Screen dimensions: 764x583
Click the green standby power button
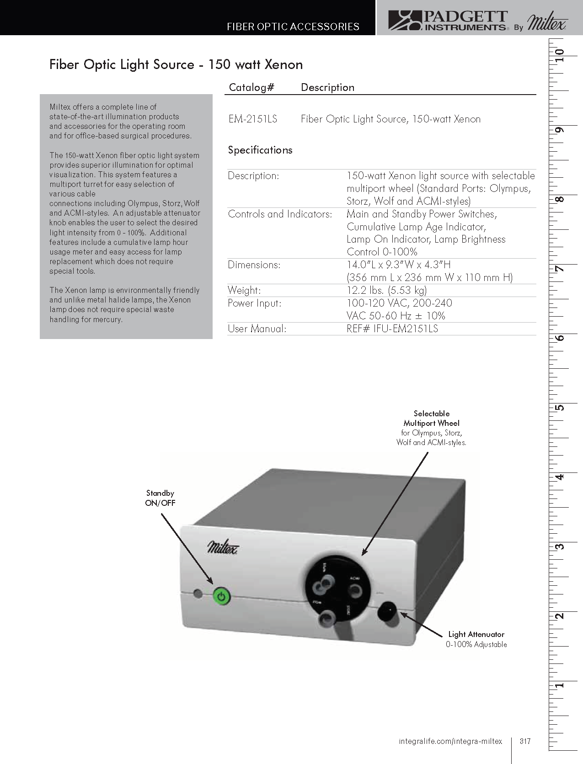[x=221, y=596]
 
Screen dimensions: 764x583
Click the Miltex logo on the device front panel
[x=223, y=546]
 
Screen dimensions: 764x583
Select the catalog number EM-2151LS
[x=253, y=119]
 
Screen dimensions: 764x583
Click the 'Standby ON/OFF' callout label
[x=160, y=498]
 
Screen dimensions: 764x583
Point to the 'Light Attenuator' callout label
[x=476, y=634]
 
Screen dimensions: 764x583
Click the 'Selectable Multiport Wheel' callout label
[x=431, y=419]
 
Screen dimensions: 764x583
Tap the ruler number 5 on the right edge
[x=559, y=408]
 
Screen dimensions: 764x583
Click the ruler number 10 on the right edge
[x=559, y=55]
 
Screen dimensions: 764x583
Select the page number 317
[x=525, y=741]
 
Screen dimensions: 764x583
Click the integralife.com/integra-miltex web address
[x=450, y=741]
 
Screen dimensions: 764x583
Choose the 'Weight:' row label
[x=244, y=290]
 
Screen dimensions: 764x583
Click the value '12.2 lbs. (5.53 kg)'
[x=386, y=290]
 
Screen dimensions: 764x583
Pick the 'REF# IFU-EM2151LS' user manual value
[x=392, y=329]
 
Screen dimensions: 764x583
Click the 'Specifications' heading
[x=260, y=150]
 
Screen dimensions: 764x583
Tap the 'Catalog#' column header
[x=251, y=87]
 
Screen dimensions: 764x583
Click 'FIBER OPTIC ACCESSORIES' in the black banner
[x=293, y=27]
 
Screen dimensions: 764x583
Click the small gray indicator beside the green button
[x=198, y=594]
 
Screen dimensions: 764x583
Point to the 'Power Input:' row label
[x=255, y=303]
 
